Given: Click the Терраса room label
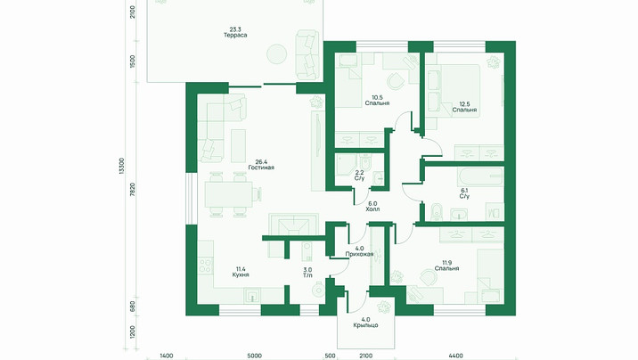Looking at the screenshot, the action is (x=235, y=32).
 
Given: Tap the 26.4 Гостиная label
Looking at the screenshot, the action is (x=261, y=164).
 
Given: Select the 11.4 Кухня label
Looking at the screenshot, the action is (x=241, y=272).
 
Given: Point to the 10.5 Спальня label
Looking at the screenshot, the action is (x=377, y=100).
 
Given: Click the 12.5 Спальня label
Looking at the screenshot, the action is (x=464, y=107).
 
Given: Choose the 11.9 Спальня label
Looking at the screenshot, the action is (x=446, y=266).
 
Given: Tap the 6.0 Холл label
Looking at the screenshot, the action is (x=372, y=206).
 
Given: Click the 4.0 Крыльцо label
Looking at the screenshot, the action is (x=365, y=323).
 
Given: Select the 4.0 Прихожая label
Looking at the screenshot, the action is (x=359, y=251).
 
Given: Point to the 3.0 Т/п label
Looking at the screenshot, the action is (x=307, y=272).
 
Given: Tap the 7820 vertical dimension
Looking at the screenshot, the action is (x=133, y=191).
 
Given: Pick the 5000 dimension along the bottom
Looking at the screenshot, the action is (x=255, y=356).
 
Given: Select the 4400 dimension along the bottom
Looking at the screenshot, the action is (x=456, y=356).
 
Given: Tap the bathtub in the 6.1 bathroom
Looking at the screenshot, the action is (x=480, y=177).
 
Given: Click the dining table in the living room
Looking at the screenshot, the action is (x=228, y=194).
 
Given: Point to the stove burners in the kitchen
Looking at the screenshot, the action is (x=205, y=266).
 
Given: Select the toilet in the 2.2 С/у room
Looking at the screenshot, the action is (x=364, y=164).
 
